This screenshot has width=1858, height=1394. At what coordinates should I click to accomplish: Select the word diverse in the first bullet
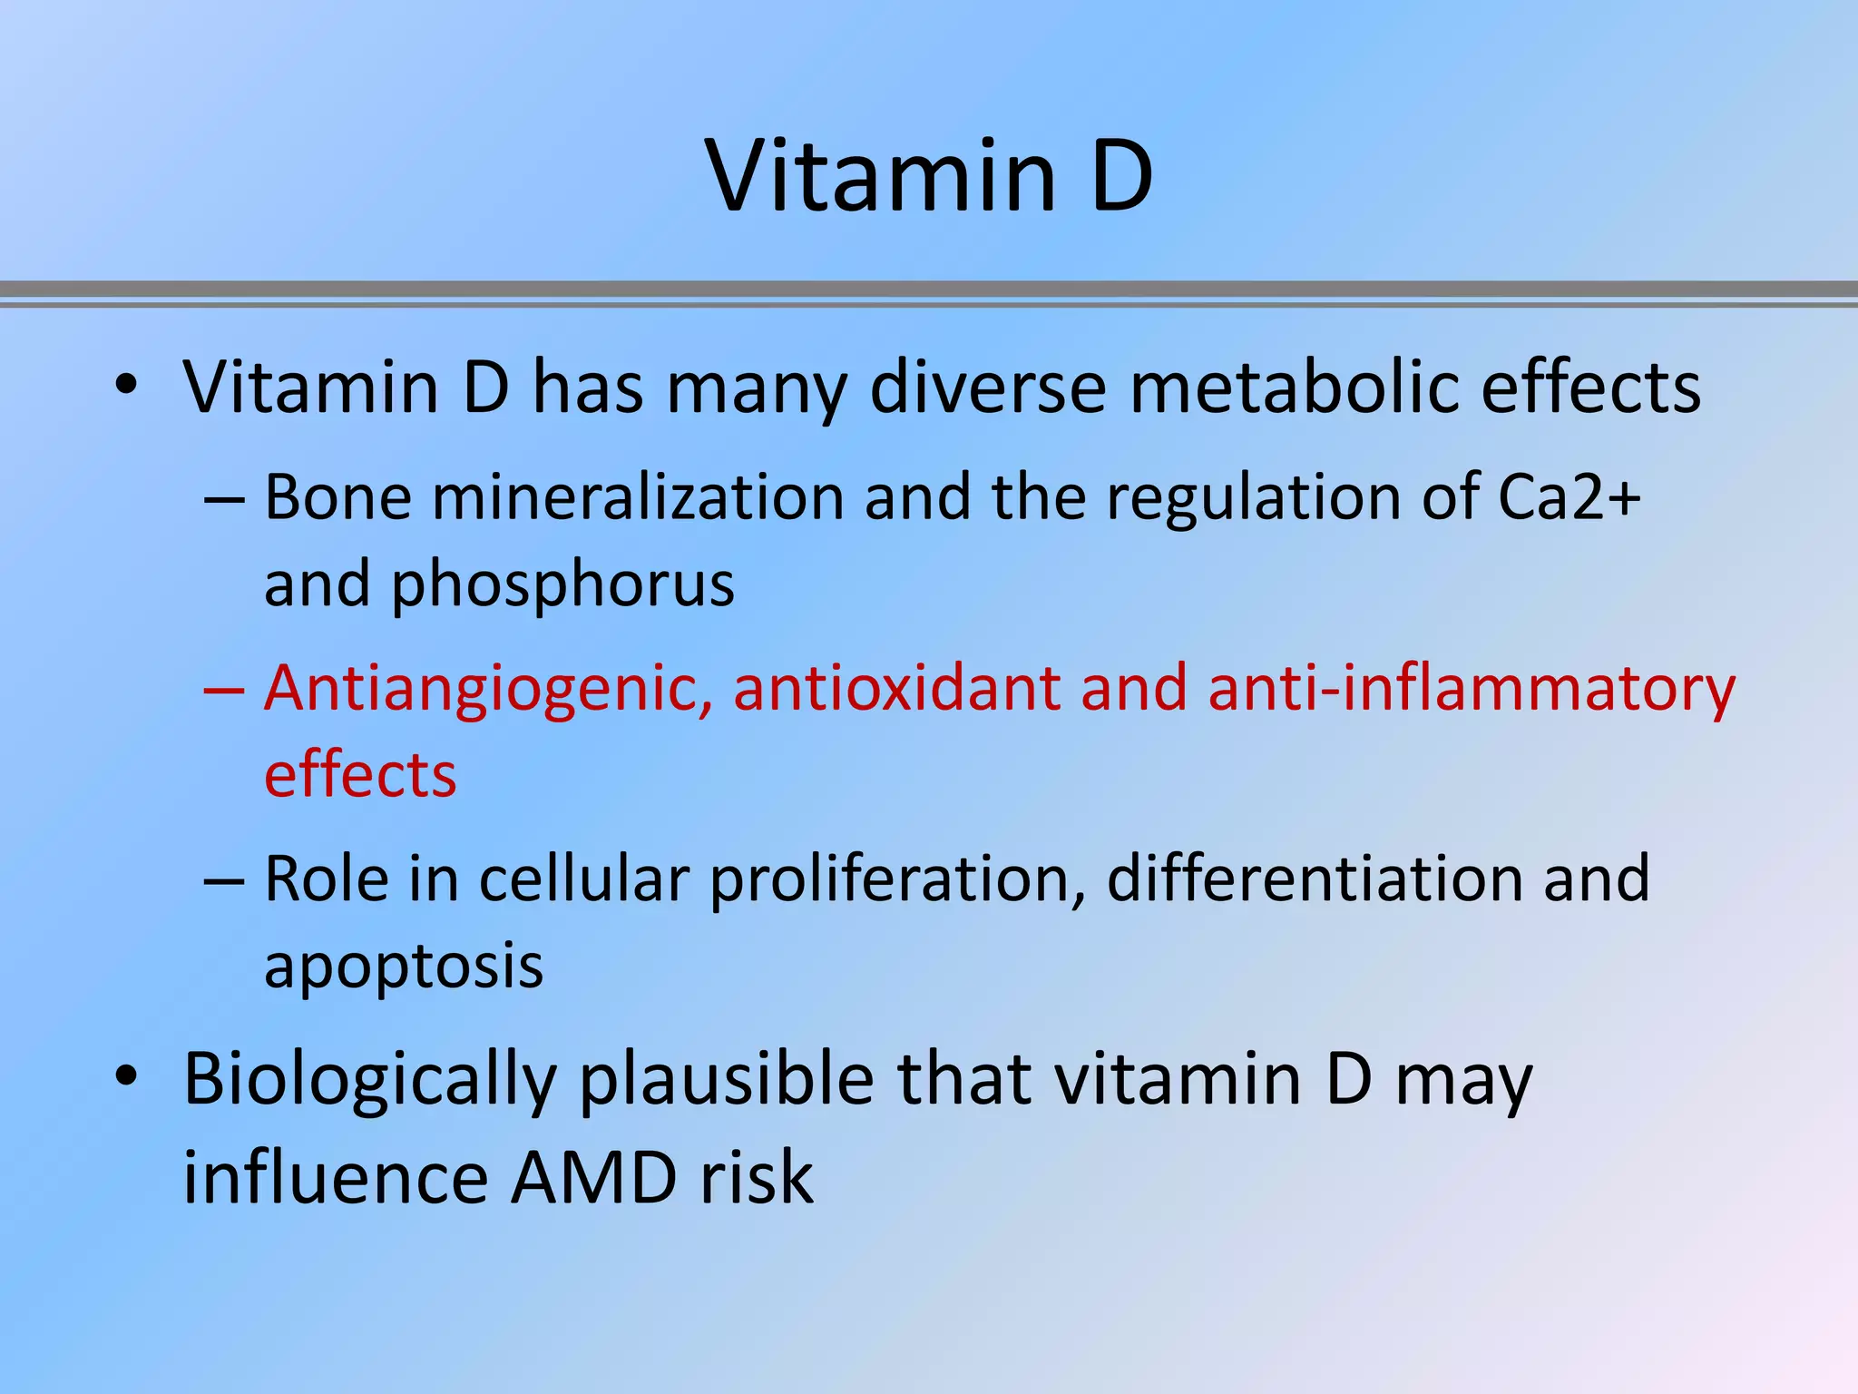coord(987,388)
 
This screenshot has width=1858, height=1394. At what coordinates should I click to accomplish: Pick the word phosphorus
coord(562,584)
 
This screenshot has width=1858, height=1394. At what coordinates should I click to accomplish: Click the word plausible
coord(727,1080)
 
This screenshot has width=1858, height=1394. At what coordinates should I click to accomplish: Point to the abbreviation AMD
coord(593,1178)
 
